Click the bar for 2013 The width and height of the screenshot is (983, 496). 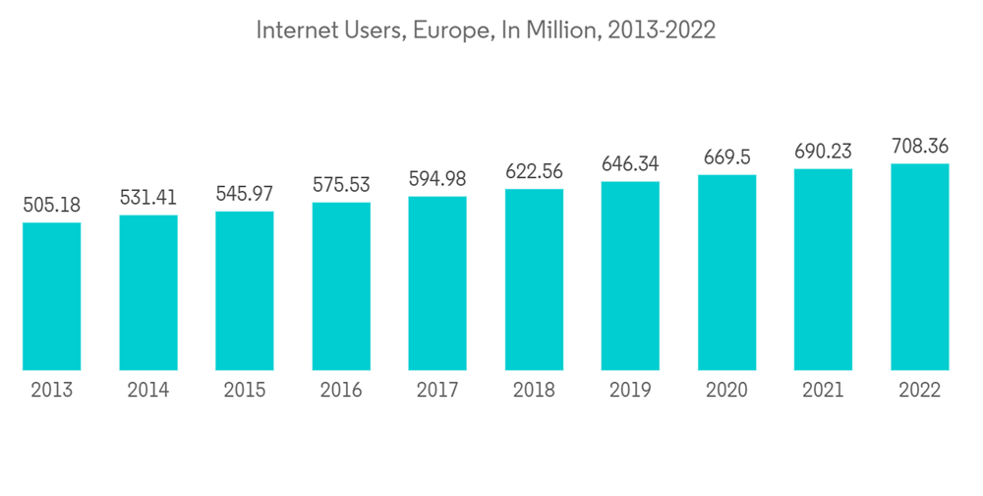52,296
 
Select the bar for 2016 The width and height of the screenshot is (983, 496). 341,286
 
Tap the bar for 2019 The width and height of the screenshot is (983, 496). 630,276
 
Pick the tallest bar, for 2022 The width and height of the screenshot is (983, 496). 919,267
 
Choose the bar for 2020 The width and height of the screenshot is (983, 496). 726,273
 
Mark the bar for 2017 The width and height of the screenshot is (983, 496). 437,283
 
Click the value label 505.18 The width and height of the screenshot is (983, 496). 52,206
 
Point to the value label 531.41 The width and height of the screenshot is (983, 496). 148,198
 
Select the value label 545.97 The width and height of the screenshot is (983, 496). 245,194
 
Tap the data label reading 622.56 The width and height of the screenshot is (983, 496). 534,172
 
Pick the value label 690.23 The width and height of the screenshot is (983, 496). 823,152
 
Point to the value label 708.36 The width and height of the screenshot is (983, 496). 919,146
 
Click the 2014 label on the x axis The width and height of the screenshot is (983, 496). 148,391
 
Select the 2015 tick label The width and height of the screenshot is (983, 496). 245,391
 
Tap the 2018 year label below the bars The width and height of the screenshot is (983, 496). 534,391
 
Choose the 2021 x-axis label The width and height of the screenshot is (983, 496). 823,391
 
